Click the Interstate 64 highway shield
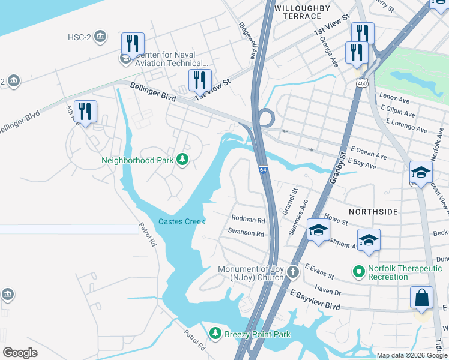pos(263,170)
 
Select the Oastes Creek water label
pos(182,221)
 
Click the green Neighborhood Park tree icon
pos(182,160)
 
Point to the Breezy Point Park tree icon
pos(215,333)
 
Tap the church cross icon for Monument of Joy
pos(293,272)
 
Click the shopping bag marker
pos(421,298)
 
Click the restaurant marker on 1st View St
pos(200,80)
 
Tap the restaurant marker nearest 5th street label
pos(85,112)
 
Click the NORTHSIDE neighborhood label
pos(372,212)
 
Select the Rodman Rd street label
pos(248,220)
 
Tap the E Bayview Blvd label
pos(315,300)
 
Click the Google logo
pos(20,352)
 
